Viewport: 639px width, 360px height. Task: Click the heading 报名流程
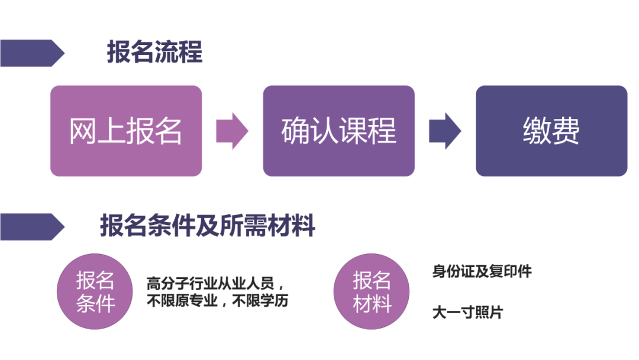(154, 52)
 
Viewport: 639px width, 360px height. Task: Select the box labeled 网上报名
(125, 131)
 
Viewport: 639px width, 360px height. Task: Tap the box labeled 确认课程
(338, 131)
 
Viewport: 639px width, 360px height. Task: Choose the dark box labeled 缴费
(551, 131)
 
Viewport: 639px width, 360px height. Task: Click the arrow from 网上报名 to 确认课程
(231, 131)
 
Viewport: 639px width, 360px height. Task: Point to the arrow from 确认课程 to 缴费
(444, 131)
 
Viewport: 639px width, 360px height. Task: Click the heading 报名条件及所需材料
(207, 226)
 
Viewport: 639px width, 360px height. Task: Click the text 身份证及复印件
(482, 272)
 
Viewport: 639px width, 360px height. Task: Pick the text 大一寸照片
(467, 312)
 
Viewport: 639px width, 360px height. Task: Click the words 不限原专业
(182, 301)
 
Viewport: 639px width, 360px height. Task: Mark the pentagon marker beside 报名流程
(31, 53)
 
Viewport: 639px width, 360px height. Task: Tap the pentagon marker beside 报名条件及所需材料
(31, 226)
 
